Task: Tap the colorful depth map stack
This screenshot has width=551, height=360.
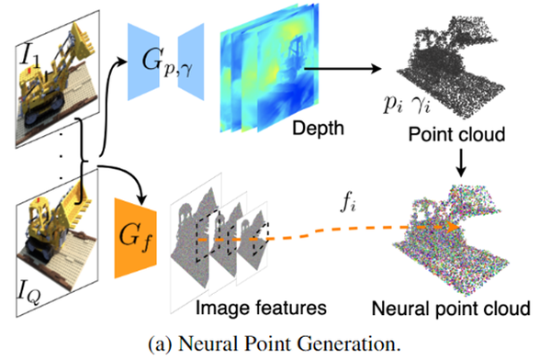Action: click(262, 69)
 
